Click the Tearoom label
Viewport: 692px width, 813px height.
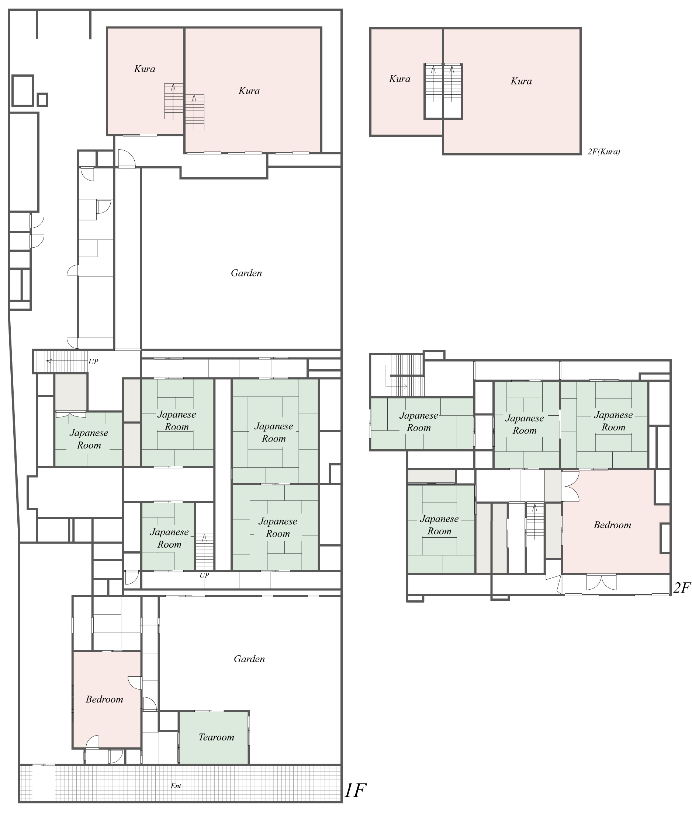(216, 737)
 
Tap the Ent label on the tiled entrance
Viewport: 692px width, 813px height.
(176, 786)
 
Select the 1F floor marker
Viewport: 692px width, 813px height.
(355, 790)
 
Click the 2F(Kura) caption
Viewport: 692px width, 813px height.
(604, 152)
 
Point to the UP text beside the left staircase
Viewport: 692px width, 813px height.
(93, 362)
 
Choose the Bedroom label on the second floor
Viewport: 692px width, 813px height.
(612, 525)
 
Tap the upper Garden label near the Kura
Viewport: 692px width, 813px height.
(246, 273)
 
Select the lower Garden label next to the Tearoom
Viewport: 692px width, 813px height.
(249, 659)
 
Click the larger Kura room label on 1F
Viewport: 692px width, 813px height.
(249, 91)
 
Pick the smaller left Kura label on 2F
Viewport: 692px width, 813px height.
(400, 79)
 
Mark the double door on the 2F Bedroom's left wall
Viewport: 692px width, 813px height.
(571, 486)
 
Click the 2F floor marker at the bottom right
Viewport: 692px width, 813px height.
(682, 588)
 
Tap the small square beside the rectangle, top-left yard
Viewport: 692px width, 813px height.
(42, 100)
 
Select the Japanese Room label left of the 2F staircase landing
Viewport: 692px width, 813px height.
(439, 525)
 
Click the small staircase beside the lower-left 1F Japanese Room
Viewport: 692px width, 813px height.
(204, 552)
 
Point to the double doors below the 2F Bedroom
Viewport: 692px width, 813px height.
(601, 583)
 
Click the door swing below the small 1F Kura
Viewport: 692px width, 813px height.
(127, 158)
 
